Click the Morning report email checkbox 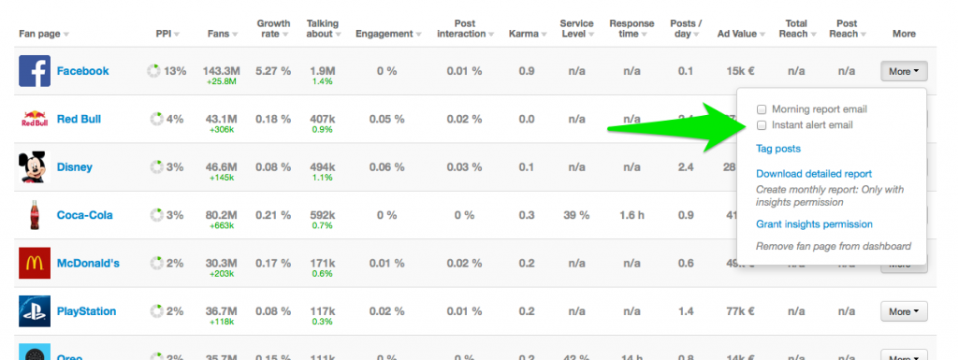pos(762,109)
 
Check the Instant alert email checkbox pos(762,125)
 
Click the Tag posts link pos(777,149)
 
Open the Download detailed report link pos(813,174)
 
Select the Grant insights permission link pos(813,224)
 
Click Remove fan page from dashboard pos(833,246)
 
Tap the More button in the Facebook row pos(903,71)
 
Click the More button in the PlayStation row pos(903,311)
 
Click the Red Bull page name pos(79,120)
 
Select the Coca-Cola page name pos(84,215)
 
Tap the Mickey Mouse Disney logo pos(34,167)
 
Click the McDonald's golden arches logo pos(34,263)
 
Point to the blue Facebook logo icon pos(34,71)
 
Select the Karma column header pos(523,34)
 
